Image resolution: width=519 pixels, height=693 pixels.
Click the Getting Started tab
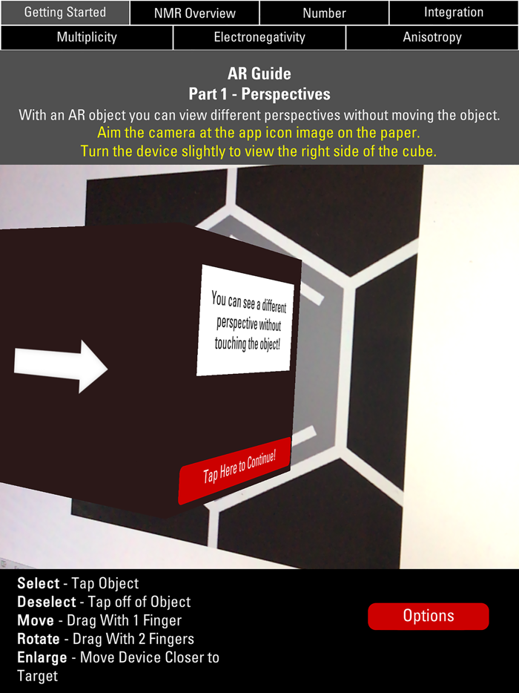tap(65, 13)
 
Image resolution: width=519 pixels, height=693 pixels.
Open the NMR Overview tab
tap(195, 13)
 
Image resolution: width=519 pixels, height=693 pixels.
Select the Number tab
tap(324, 13)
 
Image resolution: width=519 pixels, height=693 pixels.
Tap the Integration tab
tap(454, 13)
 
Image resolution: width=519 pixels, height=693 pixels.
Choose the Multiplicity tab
tap(87, 38)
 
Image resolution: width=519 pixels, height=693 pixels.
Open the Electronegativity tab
tap(259, 38)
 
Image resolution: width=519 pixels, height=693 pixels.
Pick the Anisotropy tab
tap(432, 38)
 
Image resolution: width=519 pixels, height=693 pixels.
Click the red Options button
tap(429, 616)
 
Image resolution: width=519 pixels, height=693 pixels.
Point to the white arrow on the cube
tap(61, 367)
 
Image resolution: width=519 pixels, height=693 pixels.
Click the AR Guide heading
tap(259, 73)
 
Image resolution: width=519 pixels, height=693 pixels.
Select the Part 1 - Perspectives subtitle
tap(259, 93)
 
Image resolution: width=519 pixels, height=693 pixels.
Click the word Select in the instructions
tap(39, 583)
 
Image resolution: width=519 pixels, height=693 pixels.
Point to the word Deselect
tap(47, 602)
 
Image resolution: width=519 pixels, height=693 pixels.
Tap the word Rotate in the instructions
tap(39, 639)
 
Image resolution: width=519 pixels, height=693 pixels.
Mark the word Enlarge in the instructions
tap(42, 657)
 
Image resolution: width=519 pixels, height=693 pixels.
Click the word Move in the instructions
tap(36, 620)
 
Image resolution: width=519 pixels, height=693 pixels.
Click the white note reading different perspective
tap(245, 321)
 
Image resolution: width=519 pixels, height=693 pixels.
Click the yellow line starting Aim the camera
tap(259, 133)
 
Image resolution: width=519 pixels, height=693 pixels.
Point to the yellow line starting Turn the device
tap(259, 151)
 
